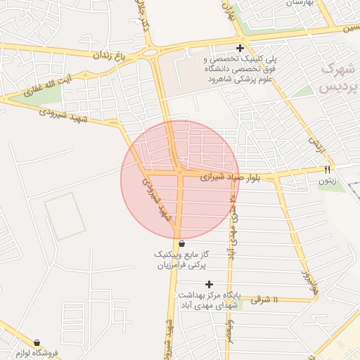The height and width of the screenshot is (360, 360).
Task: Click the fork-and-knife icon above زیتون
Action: click(x=327, y=169)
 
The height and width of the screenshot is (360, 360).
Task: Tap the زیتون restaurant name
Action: click(x=327, y=181)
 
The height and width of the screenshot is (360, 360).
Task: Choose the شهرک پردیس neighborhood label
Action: click(x=339, y=78)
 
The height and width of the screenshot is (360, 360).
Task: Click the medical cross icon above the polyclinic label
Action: click(x=240, y=48)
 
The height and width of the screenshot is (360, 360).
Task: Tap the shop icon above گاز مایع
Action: click(x=181, y=243)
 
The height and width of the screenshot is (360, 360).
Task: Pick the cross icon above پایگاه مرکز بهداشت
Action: click(x=209, y=284)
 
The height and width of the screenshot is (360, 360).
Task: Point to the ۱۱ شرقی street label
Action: click(x=265, y=300)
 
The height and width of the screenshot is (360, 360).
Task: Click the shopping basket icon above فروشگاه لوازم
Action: click(x=37, y=342)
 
